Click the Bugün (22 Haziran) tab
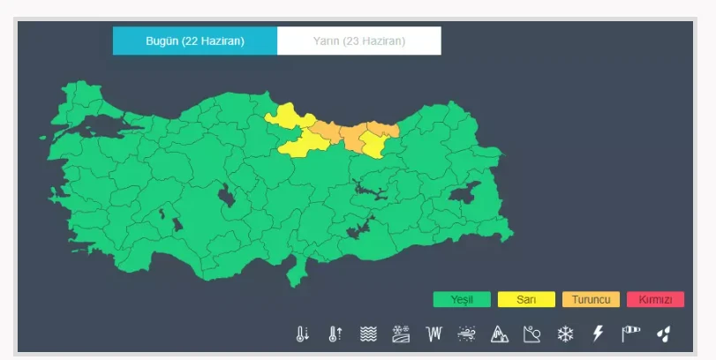click(195, 41)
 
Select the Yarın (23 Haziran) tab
click(358, 41)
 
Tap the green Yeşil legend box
click(462, 300)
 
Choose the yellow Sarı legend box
click(526, 300)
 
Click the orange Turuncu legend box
click(591, 300)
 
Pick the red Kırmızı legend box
click(655, 300)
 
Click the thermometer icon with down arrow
click(303, 334)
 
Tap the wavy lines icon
click(368, 334)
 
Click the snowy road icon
click(401, 334)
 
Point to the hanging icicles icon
click(433, 334)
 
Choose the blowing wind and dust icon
click(467, 334)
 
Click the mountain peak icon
click(500, 334)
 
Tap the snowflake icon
click(565, 334)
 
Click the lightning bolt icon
click(598, 334)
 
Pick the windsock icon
click(630, 334)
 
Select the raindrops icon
click(663, 334)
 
